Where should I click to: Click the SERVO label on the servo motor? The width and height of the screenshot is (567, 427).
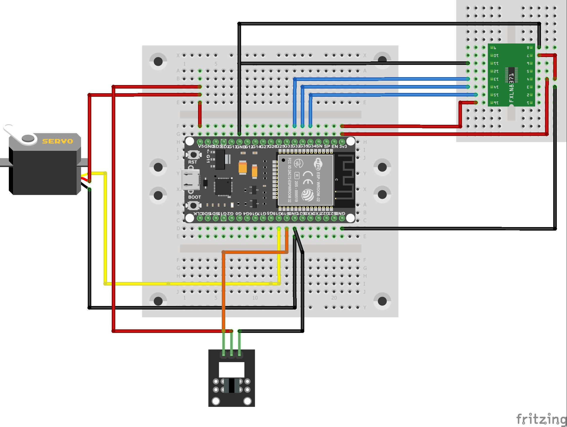pyautogui.click(x=57, y=141)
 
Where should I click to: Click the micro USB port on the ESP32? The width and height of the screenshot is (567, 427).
pyautogui.click(x=190, y=180)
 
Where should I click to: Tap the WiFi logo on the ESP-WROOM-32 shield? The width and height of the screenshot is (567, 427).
pyautogui.click(x=318, y=164)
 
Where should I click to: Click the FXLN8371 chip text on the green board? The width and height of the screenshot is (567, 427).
pyautogui.click(x=511, y=88)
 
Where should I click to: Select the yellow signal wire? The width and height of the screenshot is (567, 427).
pyautogui.click(x=190, y=283)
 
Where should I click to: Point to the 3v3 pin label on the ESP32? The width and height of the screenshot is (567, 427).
pyautogui.click(x=343, y=146)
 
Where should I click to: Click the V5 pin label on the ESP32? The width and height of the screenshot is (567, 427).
pyautogui.click(x=201, y=146)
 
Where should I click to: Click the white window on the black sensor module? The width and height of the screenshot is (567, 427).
pyautogui.click(x=231, y=370)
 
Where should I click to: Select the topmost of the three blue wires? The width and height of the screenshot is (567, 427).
pyautogui.click(x=380, y=79)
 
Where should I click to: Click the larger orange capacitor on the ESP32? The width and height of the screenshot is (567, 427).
pyautogui.click(x=243, y=168)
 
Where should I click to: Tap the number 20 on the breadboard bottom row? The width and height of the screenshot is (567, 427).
pyautogui.click(x=334, y=298)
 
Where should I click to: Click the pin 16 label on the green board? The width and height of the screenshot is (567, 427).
pyautogui.click(x=496, y=103)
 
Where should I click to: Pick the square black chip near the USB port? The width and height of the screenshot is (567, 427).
pyautogui.click(x=223, y=186)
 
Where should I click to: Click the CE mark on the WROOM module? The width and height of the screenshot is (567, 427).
pyautogui.click(x=308, y=178)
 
